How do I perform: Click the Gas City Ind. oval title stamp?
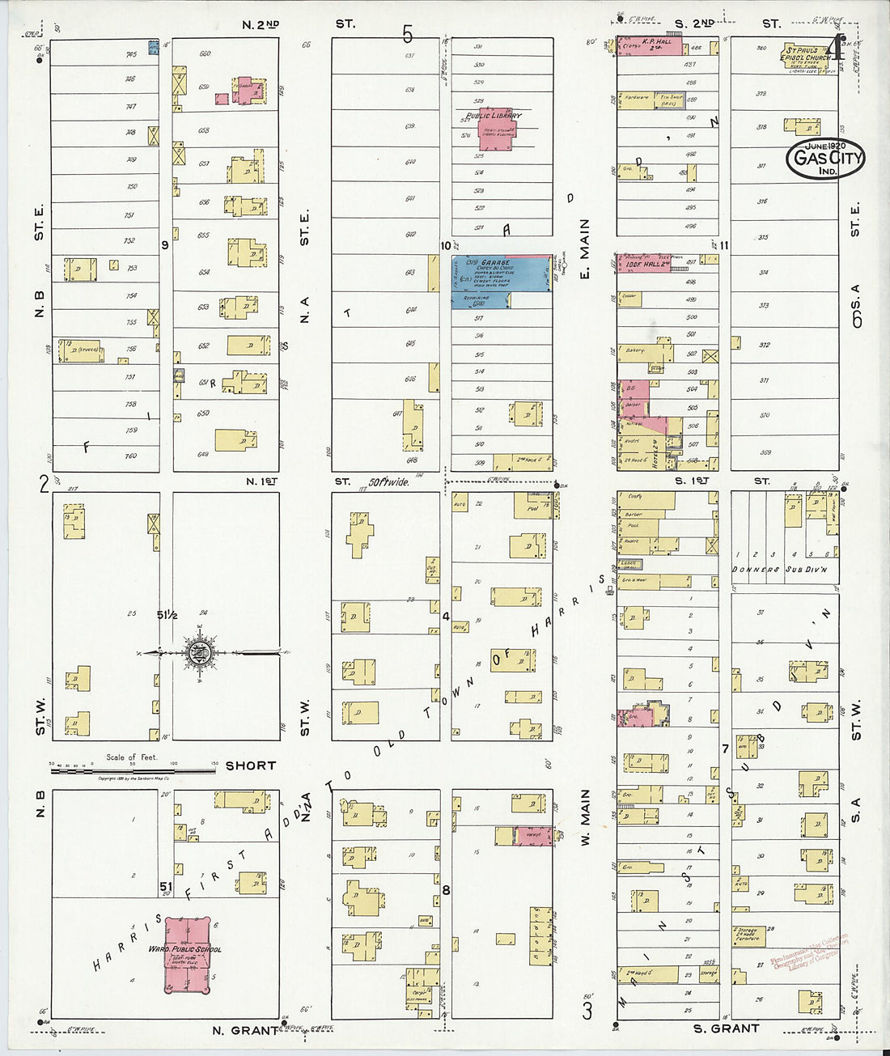[x=825, y=159]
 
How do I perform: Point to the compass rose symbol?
[x=198, y=652]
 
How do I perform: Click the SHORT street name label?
[x=250, y=765]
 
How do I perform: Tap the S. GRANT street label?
[x=726, y=1028]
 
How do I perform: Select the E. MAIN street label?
[x=585, y=249]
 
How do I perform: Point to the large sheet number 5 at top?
[x=407, y=34]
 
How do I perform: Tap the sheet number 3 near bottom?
[x=588, y=1010]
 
